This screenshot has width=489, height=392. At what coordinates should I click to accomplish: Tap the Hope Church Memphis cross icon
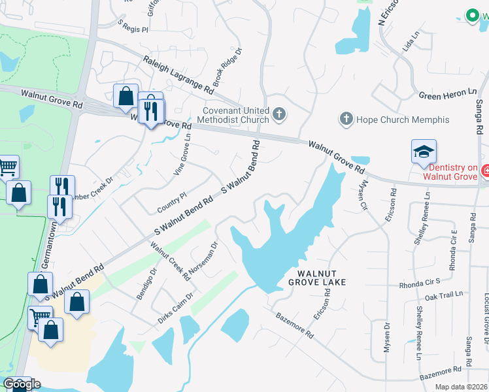coord(346,120)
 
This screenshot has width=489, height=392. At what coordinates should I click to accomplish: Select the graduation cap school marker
coord(424,152)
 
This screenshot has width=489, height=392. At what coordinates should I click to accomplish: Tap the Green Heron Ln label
coord(448,95)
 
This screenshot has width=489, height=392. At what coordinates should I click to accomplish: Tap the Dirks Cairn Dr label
coord(175,308)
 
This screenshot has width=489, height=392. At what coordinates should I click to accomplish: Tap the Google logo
coord(22,384)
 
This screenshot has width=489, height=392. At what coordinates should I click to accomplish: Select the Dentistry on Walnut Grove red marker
coord(484,172)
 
